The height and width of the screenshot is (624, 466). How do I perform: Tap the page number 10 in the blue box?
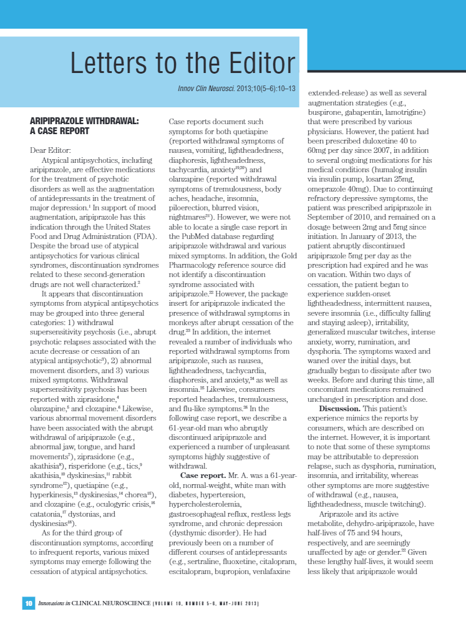(x=29, y=603)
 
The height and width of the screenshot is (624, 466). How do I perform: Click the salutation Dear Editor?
(x=51, y=150)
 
